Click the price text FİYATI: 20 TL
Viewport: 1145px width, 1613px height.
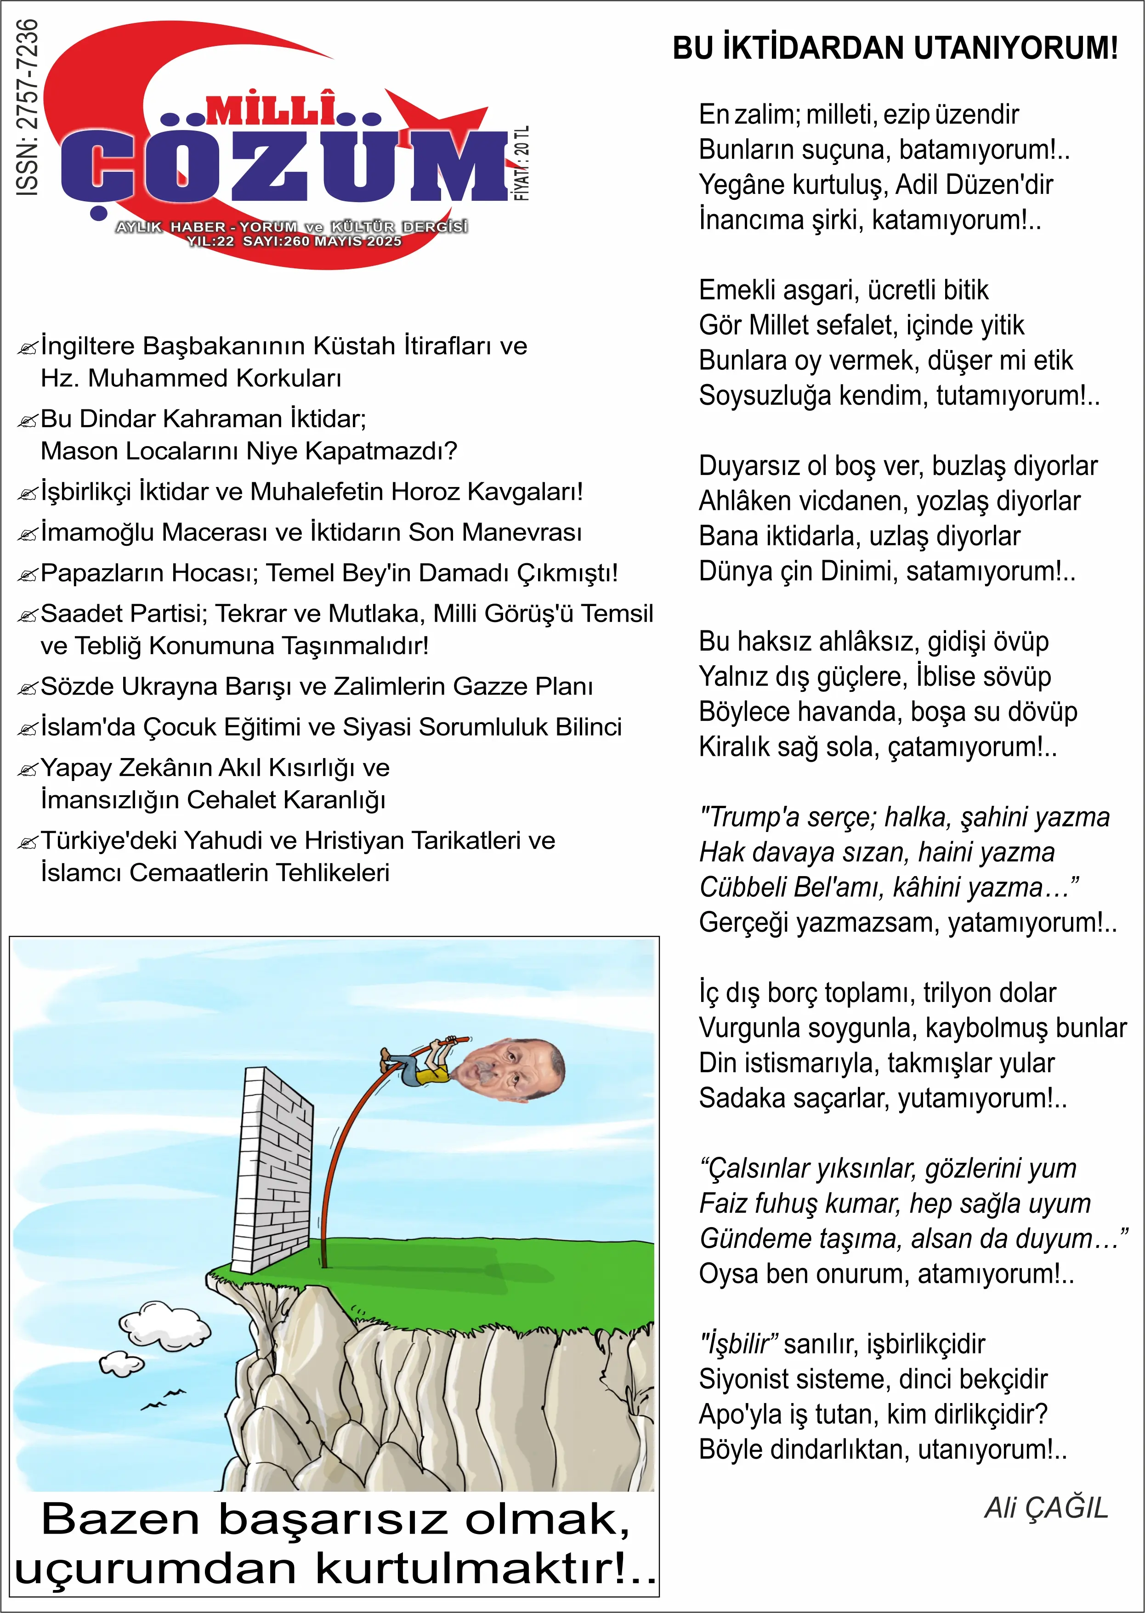[x=522, y=164]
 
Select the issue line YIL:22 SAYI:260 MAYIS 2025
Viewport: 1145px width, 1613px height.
[x=294, y=241]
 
